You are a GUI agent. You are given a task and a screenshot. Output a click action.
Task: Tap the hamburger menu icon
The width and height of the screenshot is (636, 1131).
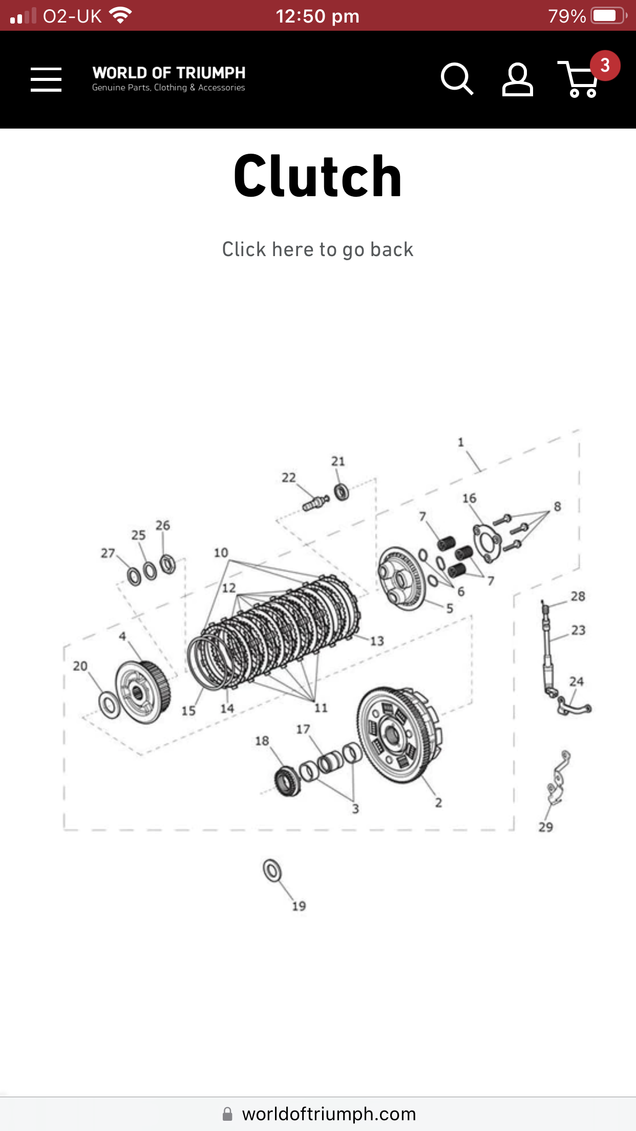tap(46, 79)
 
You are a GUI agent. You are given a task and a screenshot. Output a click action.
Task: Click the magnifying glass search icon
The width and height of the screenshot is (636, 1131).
tap(456, 79)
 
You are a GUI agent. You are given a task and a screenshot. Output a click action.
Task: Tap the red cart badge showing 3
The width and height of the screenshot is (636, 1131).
tap(605, 66)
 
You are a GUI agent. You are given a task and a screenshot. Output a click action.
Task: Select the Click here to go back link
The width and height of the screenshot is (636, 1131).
tap(317, 249)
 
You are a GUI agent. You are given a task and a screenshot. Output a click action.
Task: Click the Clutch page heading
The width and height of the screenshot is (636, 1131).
tap(317, 176)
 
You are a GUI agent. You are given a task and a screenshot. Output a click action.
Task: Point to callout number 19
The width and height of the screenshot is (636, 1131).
tap(299, 906)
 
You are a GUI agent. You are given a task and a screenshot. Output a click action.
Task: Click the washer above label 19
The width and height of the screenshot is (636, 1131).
tap(272, 870)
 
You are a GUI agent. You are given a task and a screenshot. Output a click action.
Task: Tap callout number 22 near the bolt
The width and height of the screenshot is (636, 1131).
tap(289, 478)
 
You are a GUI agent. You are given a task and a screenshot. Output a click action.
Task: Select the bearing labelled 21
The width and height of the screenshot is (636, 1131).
tap(342, 492)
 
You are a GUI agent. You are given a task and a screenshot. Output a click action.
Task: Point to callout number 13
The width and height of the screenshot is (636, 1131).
tap(377, 641)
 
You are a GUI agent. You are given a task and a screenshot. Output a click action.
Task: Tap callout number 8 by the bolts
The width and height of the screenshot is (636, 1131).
tap(557, 507)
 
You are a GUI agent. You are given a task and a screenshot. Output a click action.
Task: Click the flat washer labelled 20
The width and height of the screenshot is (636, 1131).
tap(109, 705)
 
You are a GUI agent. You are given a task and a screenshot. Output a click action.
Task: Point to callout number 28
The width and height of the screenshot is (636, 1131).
tap(578, 596)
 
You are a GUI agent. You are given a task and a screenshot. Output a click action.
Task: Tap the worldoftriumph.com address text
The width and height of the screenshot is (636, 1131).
tap(328, 1114)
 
